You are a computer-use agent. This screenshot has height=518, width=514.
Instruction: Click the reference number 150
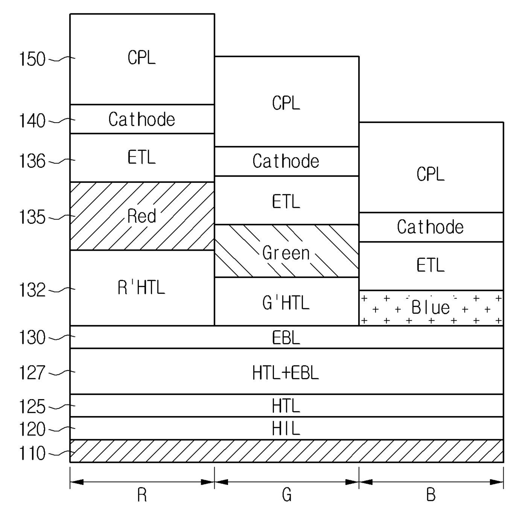click(x=32, y=59)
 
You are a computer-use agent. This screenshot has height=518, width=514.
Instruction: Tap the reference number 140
click(x=32, y=121)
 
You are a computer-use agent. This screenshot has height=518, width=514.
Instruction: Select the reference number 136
click(x=32, y=161)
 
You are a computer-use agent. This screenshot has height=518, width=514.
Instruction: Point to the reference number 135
click(x=32, y=217)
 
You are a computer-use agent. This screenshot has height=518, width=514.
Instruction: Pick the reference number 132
click(x=32, y=290)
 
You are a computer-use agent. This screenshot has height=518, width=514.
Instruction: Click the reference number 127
click(x=32, y=373)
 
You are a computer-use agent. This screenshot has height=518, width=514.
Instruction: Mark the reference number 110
click(x=32, y=453)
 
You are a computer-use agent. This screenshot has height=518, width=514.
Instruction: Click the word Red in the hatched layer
click(x=142, y=216)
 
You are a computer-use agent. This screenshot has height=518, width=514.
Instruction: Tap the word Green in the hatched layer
click(x=286, y=253)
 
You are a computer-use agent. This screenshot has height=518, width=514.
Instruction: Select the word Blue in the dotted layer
click(x=431, y=307)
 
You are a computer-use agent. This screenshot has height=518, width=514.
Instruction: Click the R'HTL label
click(x=141, y=288)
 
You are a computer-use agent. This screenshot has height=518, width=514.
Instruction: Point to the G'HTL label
click(x=286, y=303)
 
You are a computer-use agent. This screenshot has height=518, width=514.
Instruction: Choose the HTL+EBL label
click(x=286, y=373)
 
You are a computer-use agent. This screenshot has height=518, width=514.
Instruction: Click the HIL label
click(x=286, y=428)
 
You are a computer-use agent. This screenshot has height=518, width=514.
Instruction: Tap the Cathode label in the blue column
click(x=430, y=227)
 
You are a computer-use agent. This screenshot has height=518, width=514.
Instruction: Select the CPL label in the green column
click(x=286, y=103)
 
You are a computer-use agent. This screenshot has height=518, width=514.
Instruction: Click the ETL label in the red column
click(x=141, y=157)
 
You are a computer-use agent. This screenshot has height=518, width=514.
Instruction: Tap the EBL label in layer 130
click(x=286, y=338)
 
